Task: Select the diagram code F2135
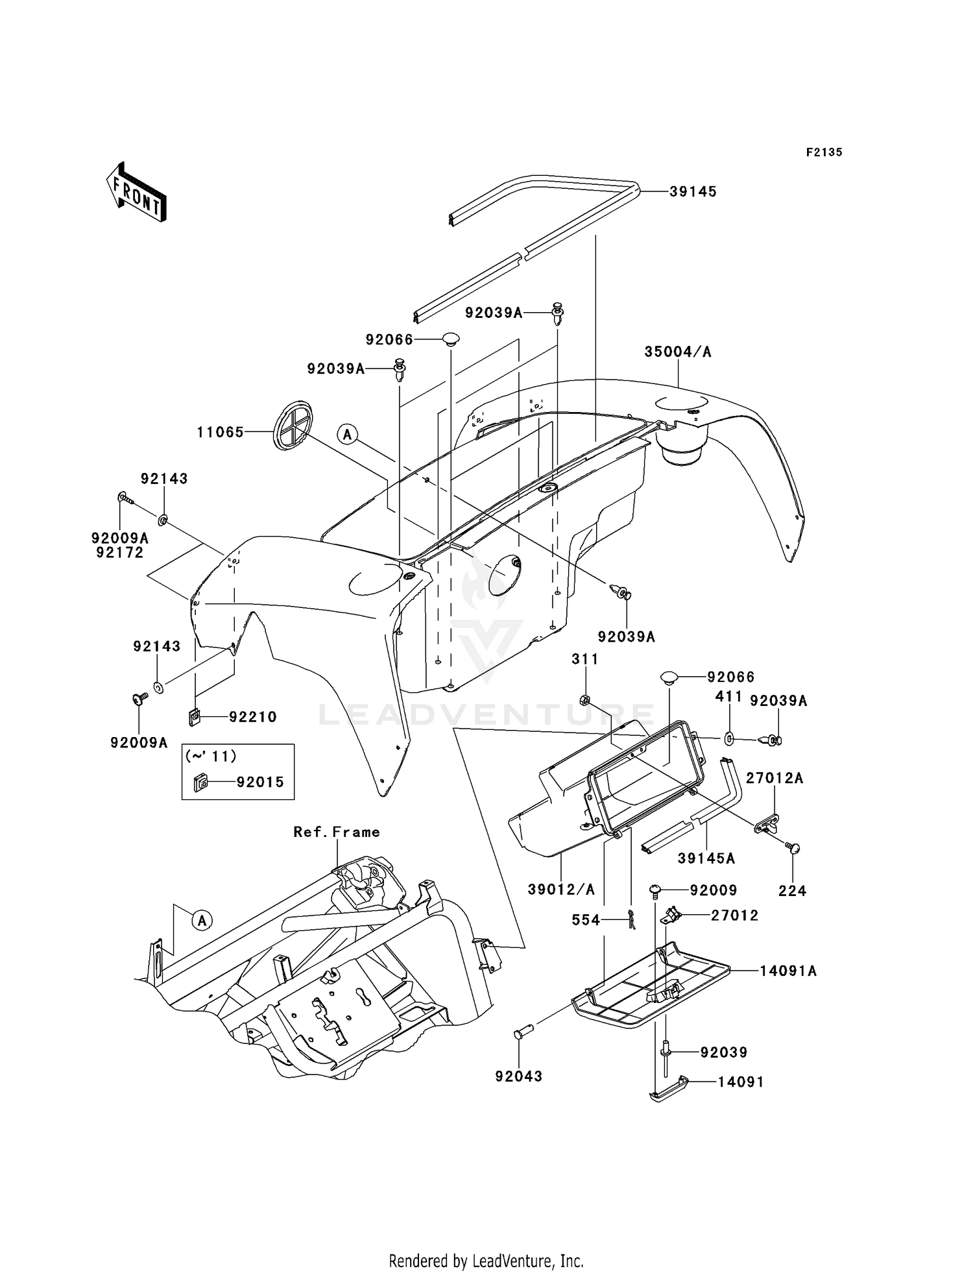[824, 152]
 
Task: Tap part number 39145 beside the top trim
[693, 191]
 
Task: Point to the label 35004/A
[677, 352]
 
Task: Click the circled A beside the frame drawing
[202, 920]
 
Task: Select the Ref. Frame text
[336, 832]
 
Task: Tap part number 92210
[252, 717]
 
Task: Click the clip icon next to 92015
[200, 783]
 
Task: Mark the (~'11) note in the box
[211, 756]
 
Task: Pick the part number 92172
[120, 552]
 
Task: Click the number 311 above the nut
[584, 659]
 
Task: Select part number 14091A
[788, 971]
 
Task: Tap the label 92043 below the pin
[518, 1076]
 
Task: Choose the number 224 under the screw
[792, 891]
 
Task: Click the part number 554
[585, 920]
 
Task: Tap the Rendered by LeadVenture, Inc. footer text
[486, 1261]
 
